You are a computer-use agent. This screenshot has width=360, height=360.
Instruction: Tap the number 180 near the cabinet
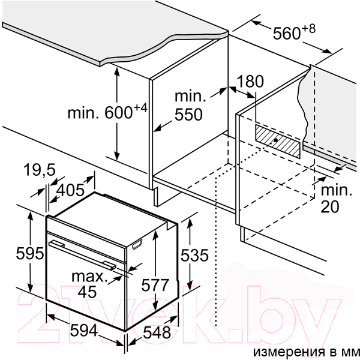(250, 81)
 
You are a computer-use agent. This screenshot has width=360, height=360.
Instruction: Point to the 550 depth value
(188, 114)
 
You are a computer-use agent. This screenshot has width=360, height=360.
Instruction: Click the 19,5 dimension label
(40, 170)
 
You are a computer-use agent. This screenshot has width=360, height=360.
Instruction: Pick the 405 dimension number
(71, 190)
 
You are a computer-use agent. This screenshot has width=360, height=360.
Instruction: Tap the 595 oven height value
(30, 253)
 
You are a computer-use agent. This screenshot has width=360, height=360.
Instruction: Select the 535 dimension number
(194, 256)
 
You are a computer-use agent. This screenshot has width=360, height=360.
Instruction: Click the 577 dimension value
(155, 285)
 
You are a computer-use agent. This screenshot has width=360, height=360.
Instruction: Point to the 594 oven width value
(84, 331)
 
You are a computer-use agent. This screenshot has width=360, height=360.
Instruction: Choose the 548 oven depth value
(157, 332)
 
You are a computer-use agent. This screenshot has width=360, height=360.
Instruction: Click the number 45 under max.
(87, 292)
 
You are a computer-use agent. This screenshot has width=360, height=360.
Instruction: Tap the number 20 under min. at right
(329, 206)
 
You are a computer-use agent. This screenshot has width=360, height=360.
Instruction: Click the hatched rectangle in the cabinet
(278, 141)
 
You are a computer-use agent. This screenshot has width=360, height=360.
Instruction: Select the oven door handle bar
(83, 255)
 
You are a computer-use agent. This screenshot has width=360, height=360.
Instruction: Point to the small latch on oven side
(137, 244)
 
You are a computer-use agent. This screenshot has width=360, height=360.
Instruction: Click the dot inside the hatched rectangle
(276, 140)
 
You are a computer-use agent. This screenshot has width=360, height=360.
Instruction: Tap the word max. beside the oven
(89, 277)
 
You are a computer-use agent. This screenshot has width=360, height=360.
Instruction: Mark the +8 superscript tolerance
(309, 29)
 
